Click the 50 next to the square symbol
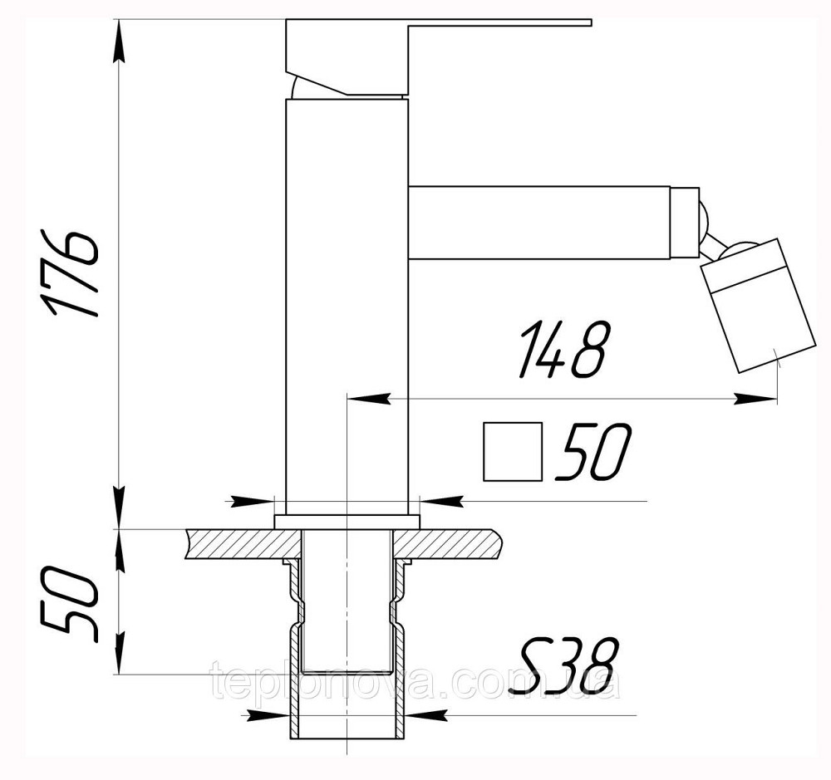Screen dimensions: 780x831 [593, 453]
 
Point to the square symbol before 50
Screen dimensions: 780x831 [513, 451]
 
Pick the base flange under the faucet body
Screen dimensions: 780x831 [347, 522]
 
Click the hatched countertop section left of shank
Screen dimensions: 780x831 [241, 544]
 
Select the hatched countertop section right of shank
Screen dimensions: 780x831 [453, 544]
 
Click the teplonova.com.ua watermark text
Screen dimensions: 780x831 [415, 684]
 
